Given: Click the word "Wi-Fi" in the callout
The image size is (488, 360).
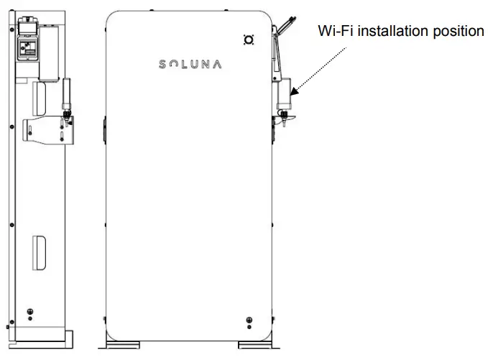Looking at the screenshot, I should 335,32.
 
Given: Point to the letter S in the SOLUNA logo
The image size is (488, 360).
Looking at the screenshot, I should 162,64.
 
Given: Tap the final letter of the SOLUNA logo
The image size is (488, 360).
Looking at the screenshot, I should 217,64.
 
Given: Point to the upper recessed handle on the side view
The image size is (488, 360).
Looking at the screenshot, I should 40,96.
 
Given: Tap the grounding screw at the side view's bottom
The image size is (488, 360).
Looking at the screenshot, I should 29,312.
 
